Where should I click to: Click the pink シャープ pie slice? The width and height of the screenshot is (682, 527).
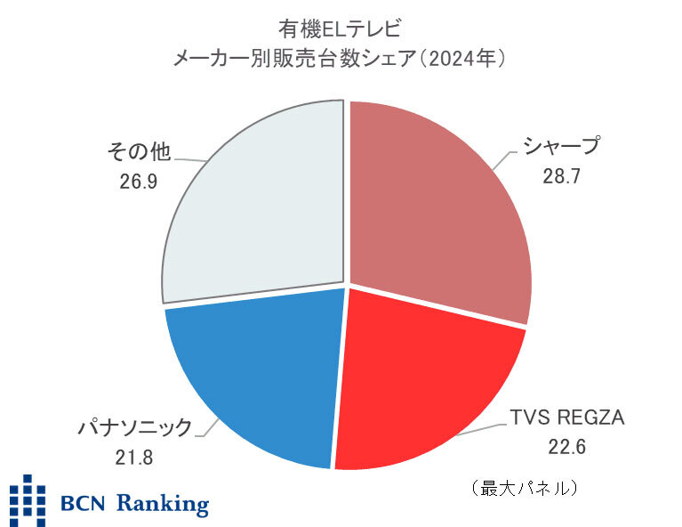pyautogui.click(x=436, y=205)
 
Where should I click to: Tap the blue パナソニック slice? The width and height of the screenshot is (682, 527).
pyautogui.click(x=258, y=374)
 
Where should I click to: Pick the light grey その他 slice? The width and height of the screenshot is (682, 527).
pyautogui.click(x=258, y=205)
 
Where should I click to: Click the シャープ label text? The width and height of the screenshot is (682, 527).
pyautogui.click(x=561, y=146)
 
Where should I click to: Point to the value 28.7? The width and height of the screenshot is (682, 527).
pyautogui.click(x=561, y=176)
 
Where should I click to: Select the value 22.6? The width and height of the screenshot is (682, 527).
pyautogui.click(x=566, y=447)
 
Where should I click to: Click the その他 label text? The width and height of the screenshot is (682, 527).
pyautogui.click(x=138, y=152)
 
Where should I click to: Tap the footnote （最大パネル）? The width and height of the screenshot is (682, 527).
pyautogui.click(x=526, y=489)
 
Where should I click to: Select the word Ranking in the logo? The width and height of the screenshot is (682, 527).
pyautogui.click(x=159, y=503)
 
